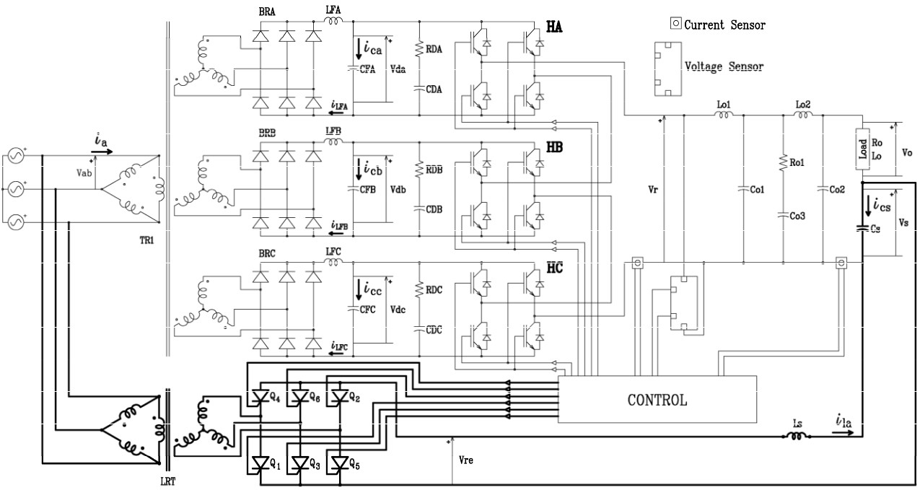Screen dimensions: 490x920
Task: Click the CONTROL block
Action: tap(657, 399)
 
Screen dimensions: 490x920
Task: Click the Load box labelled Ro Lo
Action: tap(862, 149)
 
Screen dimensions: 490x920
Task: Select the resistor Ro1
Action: tap(783, 164)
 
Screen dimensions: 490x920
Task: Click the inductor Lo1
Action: tap(724, 115)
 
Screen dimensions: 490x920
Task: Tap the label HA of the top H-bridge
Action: tap(554, 26)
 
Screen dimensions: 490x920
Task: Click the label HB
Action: tap(555, 146)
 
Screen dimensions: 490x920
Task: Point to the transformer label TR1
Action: tap(146, 240)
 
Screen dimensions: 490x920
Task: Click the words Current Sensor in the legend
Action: tap(724, 25)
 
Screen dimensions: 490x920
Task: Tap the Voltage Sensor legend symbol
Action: tap(667, 69)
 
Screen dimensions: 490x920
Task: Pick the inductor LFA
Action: tap(334, 23)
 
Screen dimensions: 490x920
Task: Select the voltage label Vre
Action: tap(467, 458)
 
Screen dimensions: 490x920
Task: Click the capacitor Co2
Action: tap(823, 190)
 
